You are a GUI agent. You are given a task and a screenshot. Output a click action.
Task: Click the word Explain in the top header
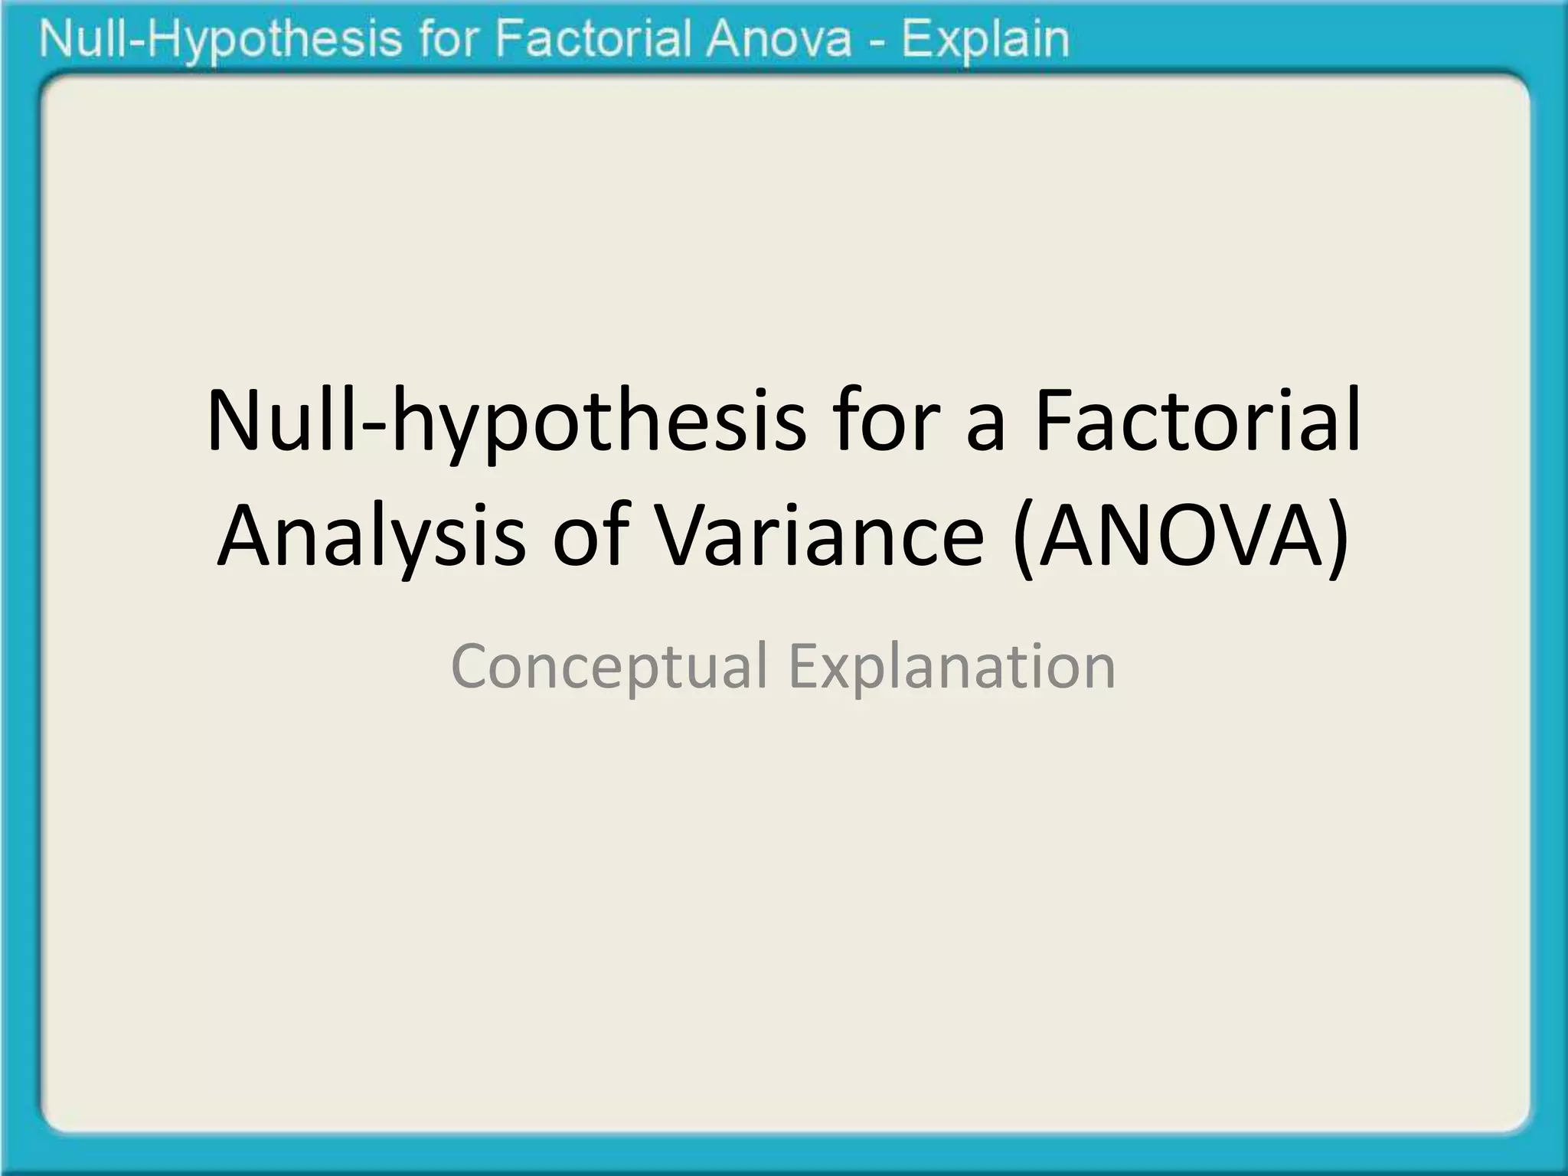click(985, 40)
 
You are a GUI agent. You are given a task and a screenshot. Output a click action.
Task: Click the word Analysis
click(371, 536)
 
